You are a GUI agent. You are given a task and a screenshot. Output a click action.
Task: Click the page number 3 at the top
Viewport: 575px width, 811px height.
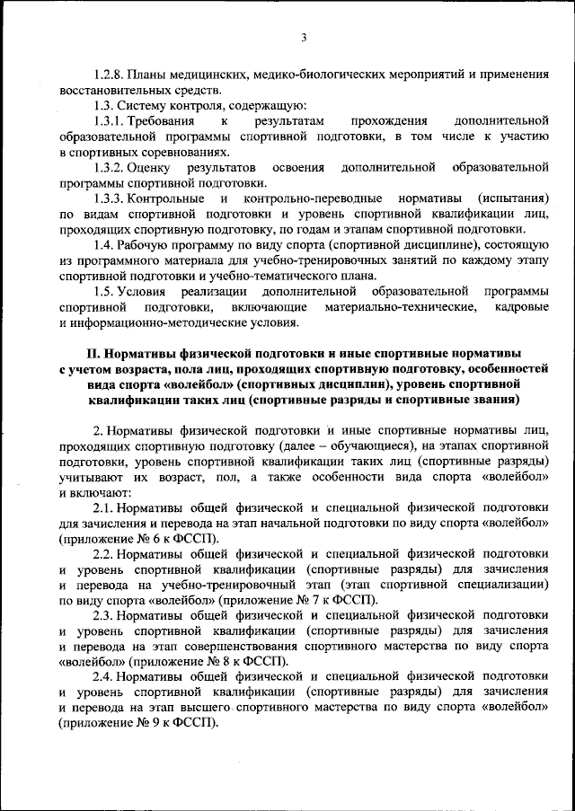[304, 37]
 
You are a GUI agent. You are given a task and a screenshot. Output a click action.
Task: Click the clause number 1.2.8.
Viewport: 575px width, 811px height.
[108, 75]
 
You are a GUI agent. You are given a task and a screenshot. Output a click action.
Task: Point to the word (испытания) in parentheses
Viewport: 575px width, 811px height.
[513, 199]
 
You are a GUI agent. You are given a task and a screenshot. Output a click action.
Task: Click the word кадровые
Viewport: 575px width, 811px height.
[521, 308]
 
